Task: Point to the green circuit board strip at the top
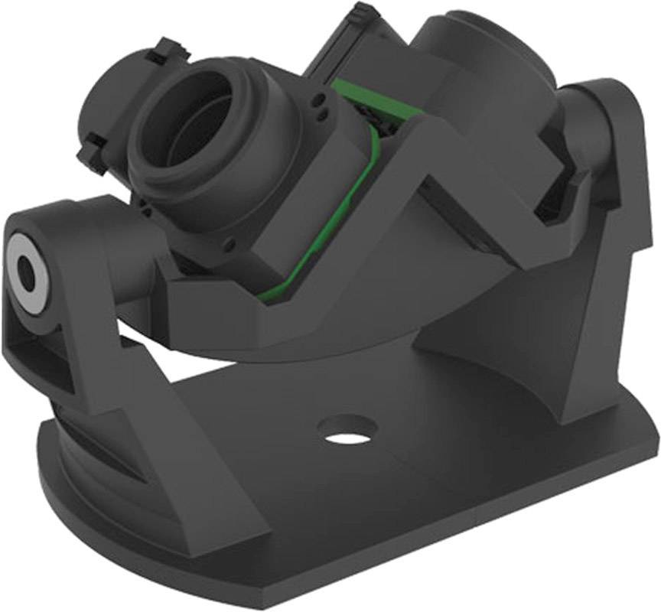[x=354, y=88]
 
